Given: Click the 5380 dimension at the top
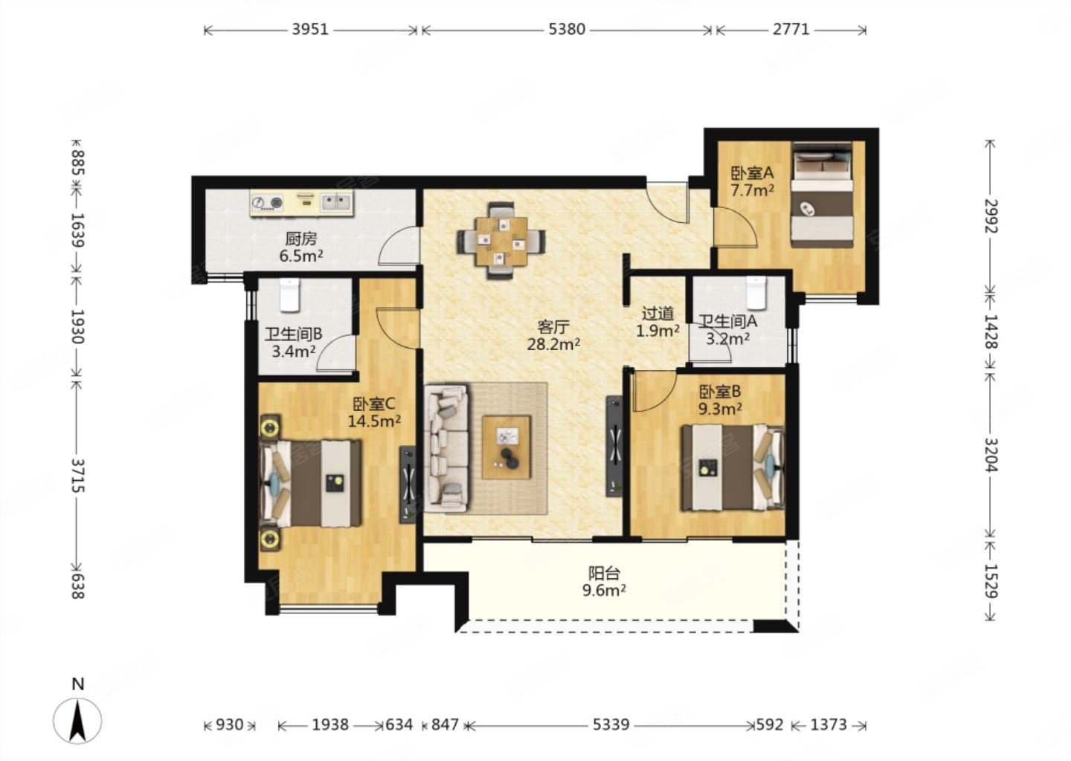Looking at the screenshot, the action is pyautogui.click(x=567, y=30).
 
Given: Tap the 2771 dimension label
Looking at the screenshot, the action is pyautogui.click(x=791, y=30).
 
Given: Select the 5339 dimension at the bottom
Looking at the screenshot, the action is pyautogui.click(x=611, y=725).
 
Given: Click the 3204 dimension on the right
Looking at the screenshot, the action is pyautogui.click(x=990, y=455).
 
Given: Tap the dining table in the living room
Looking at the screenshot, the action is pyautogui.click(x=501, y=241).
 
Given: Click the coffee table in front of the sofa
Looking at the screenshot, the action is pyautogui.click(x=506, y=447).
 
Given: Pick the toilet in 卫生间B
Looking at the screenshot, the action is pyautogui.click(x=289, y=295).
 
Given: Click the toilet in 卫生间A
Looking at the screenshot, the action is pyautogui.click(x=756, y=292).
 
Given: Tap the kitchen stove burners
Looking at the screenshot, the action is pyautogui.click(x=267, y=203).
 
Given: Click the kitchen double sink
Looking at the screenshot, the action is pyautogui.click(x=335, y=203).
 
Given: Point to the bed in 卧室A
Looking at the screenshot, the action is pyautogui.click(x=822, y=195).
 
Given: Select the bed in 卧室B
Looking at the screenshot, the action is pyautogui.click(x=733, y=467).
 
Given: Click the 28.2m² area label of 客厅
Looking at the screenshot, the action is pyautogui.click(x=553, y=344).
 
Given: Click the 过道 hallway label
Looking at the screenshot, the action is pyautogui.click(x=658, y=314).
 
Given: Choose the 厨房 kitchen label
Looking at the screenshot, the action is pyautogui.click(x=301, y=239).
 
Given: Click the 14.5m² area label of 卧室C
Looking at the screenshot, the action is pyautogui.click(x=374, y=421).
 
